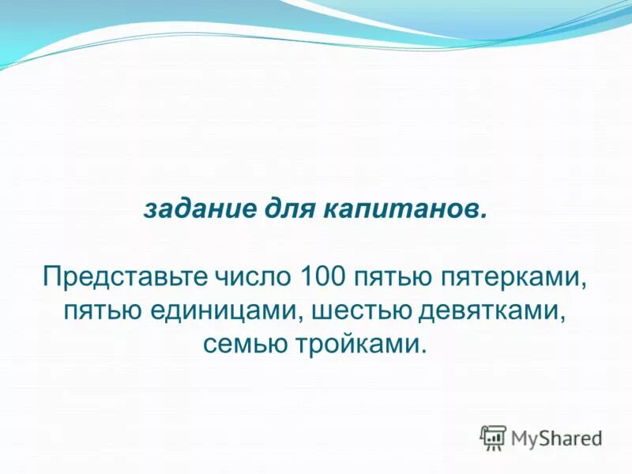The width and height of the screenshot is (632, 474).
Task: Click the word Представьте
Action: click(125, 278)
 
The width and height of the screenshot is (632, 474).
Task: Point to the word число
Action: click(253, 278)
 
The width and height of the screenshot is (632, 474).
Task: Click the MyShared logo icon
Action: click(493, 437)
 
